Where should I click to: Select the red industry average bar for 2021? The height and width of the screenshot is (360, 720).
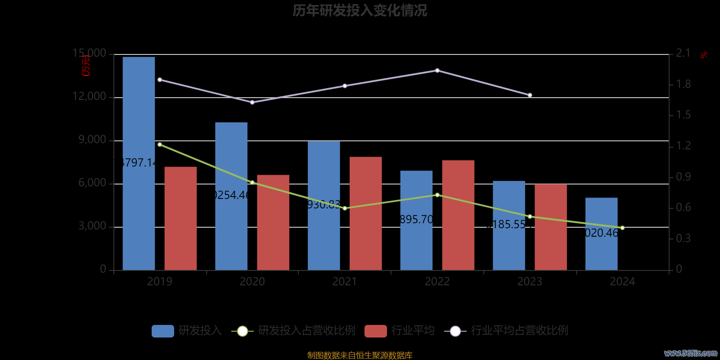[365, 213]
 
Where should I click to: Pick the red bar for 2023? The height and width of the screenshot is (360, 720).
[550, 227]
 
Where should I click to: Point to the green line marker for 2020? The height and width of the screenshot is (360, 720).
[252, 182]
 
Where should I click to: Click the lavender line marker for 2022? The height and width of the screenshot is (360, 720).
[437, 71]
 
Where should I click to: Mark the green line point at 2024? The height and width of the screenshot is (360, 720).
[622, 228]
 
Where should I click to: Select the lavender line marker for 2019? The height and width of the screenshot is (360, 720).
[160, 80]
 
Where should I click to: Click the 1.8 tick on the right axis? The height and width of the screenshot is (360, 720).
[683, 84]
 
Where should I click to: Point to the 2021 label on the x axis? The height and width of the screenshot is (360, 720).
[345, 282]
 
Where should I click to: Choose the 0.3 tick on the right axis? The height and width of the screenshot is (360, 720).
[683, 238]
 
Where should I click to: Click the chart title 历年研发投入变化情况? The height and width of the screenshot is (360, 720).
[360, 10]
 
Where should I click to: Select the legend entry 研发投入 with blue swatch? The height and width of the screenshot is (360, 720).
[187, 331]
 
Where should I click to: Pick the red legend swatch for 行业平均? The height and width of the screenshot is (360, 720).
[375, 331]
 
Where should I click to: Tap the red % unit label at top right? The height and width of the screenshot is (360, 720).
[704, 55]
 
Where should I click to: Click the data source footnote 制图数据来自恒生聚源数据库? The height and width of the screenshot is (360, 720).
[360, 355]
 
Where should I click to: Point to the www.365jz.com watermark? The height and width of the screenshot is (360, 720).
[690, 353]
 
